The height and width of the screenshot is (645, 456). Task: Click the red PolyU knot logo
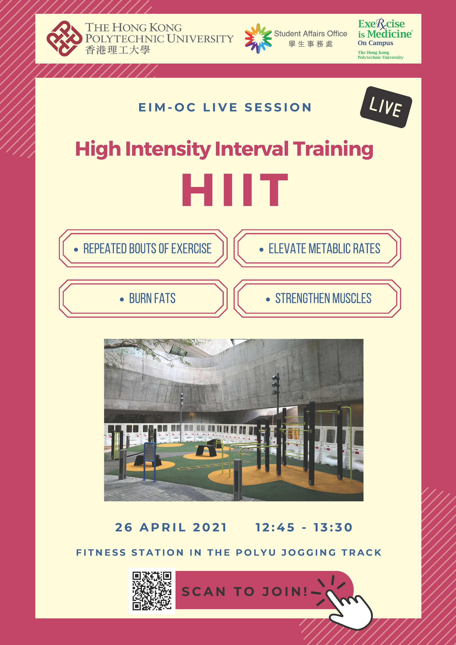click(64, 38)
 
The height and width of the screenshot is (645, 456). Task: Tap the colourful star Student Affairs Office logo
click(258, 38)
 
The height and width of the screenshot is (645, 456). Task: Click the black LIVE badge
click(386, 107)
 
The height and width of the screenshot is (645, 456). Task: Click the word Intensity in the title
click(168, 149)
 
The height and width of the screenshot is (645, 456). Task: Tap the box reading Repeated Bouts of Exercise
click(143, 248)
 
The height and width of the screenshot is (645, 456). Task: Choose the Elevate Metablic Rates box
click(317, 248)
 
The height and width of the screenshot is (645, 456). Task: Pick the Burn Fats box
click(143, 298)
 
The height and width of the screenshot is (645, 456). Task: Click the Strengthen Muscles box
click(317, 298)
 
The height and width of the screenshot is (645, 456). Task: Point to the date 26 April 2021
click(171, 528)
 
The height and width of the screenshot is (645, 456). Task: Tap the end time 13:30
click(333, 528)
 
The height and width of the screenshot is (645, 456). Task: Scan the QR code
click(152, 591)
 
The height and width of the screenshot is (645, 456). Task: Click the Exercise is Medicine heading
click(385, 29)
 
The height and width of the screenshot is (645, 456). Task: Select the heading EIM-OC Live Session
click(225, 107)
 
